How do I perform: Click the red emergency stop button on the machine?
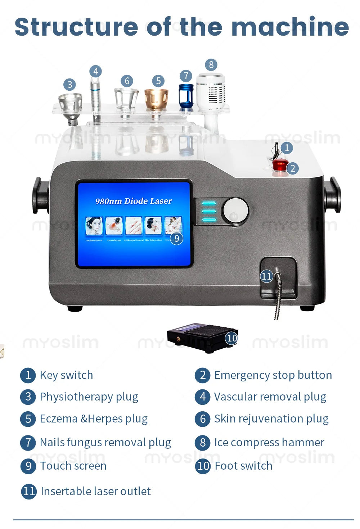(279, 165)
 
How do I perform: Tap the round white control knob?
(235, 211)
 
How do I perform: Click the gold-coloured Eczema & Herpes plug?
(156, 99)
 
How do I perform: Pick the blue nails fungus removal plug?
(186, 96)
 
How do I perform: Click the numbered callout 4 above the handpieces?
(96, 71)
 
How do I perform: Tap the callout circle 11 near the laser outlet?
(266, 276)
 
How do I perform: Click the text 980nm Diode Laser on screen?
(134, 201)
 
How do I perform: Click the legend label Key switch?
(66, 375)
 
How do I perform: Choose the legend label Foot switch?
(243, 466)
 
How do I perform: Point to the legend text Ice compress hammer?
(269, 442)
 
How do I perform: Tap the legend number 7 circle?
(28, 442)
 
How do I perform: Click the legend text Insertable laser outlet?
(96, 491)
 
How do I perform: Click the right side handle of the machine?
(332, 195)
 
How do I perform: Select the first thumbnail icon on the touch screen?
(94, 226)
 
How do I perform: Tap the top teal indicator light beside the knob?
(209, 203)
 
